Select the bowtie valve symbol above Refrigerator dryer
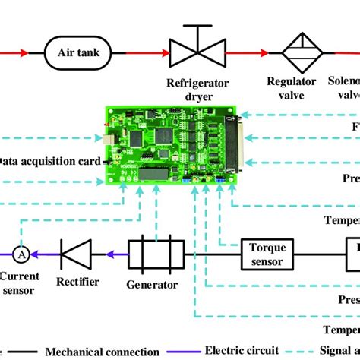point(195,52)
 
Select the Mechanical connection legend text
point(103,352)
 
